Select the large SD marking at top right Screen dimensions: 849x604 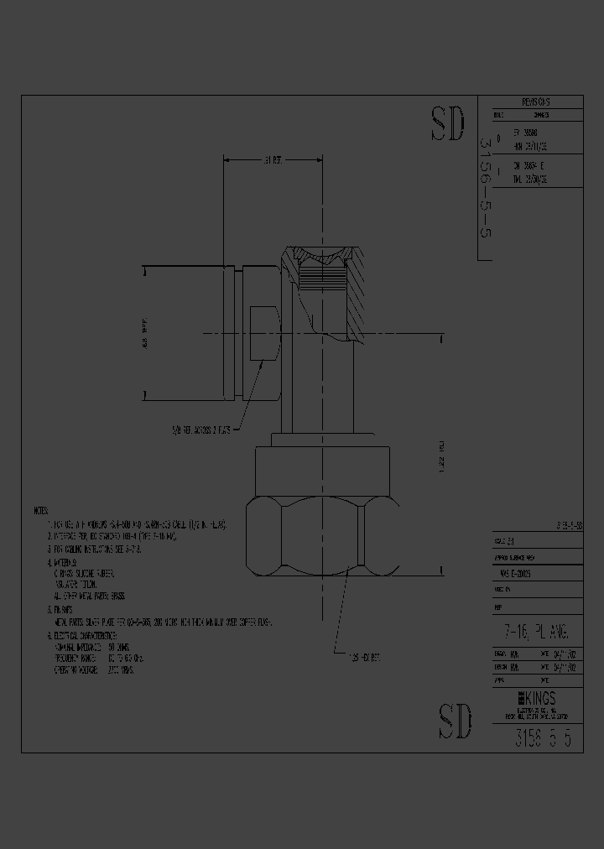tap(448, 124)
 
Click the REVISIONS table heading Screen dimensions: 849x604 tap(529, 102)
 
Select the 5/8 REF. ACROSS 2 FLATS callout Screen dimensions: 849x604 tap(201, 430)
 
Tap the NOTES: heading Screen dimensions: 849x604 tap(41, 510)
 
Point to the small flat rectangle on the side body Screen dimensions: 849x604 tap(264, 335)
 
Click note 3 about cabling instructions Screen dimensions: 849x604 tap(98, 549)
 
